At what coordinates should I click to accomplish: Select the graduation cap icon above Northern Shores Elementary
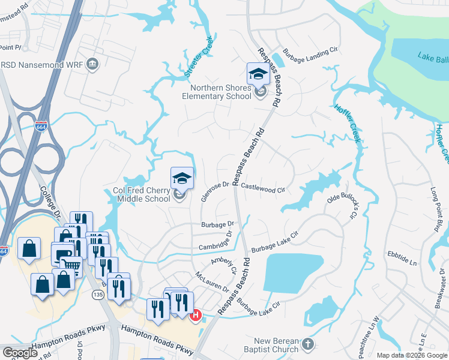pyautogui.click(x=258, y=74)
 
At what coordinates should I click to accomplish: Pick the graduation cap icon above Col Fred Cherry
pyautogui.click(x=182, y=178)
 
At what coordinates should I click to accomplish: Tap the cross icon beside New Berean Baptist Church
pyautogui.click(x=307, y=344)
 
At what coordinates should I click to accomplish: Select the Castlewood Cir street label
pyautogui.click(x=262, y=187)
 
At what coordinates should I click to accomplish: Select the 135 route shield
pyautogui.click(x=98, y=295)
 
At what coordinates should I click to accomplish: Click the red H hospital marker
pyautogui.click(x=195, y=314)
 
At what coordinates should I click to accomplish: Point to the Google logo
pyautogui.click(x=19, y=353)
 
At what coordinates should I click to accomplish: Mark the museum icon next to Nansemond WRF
pyautogui.click(x=92, y=64)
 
